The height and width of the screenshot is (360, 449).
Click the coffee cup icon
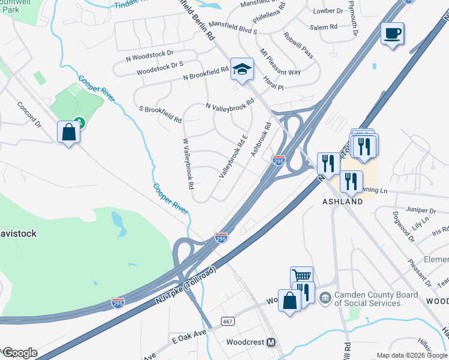pyautogui.click(x=392, y=34)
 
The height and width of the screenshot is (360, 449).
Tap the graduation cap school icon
pyautogui.click(x=241, y=70)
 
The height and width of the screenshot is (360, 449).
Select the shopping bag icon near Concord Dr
pyautogui.click(x=68, y=132)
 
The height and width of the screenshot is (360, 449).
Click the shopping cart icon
pyautogui.click(x=301, y=276)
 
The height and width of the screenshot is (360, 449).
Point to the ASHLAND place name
pyautogui.click(x=342, y=202)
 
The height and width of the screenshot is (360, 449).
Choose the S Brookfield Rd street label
pyautogui.click(x=160, y=114)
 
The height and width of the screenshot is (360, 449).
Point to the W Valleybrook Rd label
pyautogui.click(x=188, y=163)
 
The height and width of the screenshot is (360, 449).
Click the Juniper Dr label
pyautogui.click(x=420, y=211)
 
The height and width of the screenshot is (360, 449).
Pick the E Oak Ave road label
pyautogui.click(x=188, y=332)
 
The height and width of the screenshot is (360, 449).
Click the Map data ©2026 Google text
pyautogui.click(x=411, y=355)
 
